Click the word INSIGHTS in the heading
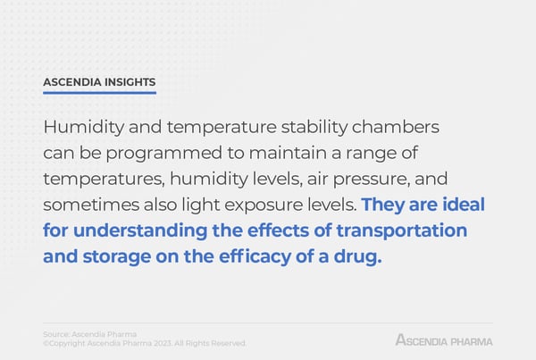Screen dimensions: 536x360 130,82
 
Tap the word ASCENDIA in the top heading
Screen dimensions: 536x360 72,82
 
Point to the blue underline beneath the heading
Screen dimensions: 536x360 99,92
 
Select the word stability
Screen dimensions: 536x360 314,128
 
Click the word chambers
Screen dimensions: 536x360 396,127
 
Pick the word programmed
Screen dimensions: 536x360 164,154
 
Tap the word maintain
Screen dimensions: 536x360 288,153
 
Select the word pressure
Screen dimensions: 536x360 372,180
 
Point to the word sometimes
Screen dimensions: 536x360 91,205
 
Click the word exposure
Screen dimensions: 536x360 264,205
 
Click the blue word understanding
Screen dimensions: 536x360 140,231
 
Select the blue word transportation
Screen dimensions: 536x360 402,231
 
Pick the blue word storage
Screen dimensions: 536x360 117,257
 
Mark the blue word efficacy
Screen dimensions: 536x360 255,257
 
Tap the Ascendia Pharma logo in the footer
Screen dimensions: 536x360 444,340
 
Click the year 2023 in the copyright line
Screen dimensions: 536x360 163,343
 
